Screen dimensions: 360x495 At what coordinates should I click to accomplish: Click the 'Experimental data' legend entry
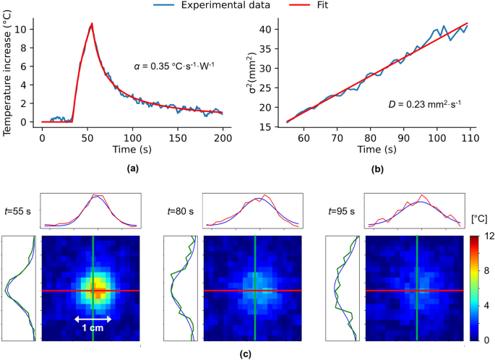coord(221,5)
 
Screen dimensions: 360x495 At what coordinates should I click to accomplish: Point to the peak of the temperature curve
coord(92,24)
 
